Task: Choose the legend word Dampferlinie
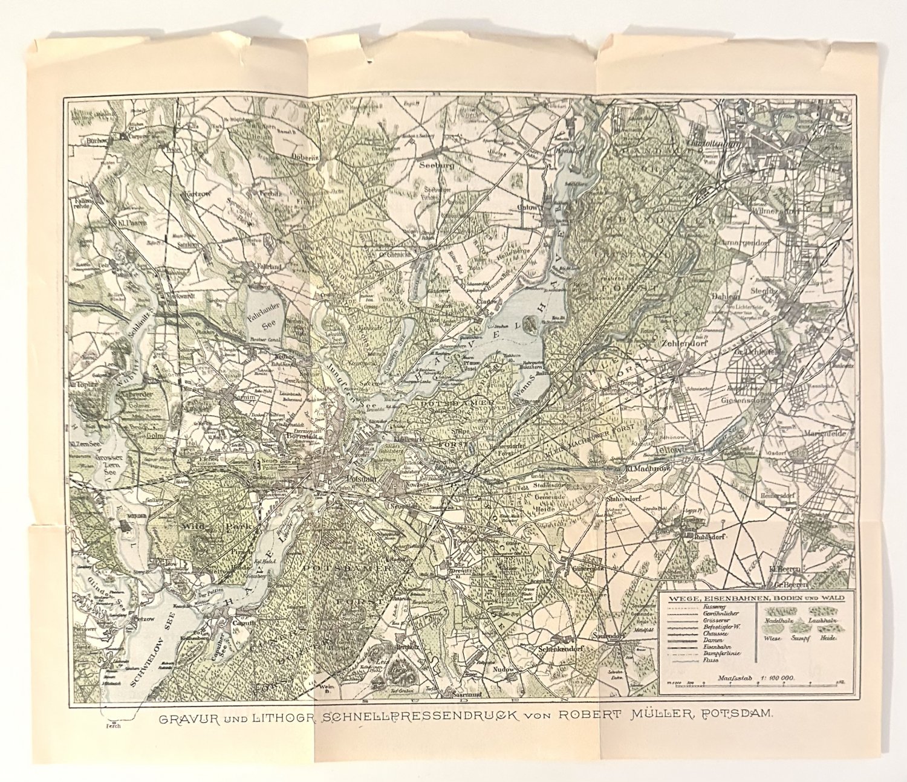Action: coord(721,653)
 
